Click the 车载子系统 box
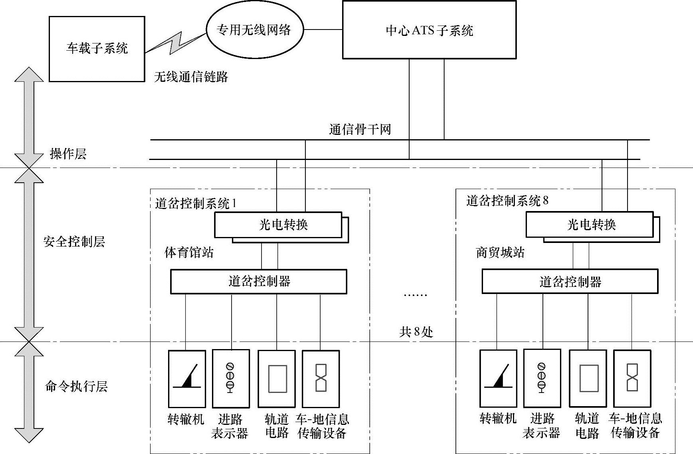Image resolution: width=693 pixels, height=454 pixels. pyautogui.click(x=97, y=49)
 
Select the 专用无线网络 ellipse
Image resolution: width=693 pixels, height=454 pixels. pyautogui.click(x=254, y=30)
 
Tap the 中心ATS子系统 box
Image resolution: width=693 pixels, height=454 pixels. pyautogui.click(x=429, y=30)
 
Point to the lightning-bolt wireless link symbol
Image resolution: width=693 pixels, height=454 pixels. pyautogui.click(x=176, y=42)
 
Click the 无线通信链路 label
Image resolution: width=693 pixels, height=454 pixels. pyautogui.click(x=191, y=77)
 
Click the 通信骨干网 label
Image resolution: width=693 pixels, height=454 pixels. pyautogui.click(x=360, y=130)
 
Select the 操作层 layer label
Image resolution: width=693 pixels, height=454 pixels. pyautogui.click(x=68, y=154)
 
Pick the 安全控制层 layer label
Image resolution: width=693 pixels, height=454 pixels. pyautogui.click(x=74, y=241)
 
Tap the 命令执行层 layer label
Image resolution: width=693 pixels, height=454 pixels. pyautogui.click(x=76, y=386)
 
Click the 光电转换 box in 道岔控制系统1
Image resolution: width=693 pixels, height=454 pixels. pyautogui.click(x=279, y=225)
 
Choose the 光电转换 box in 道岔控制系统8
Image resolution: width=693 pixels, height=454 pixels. pyautogui.click(x=590, y=225)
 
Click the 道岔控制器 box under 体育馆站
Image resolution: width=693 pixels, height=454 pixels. pyautogui.click(x=259, y=282)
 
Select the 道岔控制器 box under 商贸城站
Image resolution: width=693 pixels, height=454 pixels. pyautogui.click(x=570, y=282)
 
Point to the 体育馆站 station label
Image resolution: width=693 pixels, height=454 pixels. pyautogui.click(x=189, y=253)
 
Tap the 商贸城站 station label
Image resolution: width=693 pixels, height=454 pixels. pyautogui.click(x=500, y=253)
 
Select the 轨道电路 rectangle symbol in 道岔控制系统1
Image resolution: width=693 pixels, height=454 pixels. pyautogui.click(x=277, y=379)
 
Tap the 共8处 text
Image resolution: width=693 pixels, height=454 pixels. pyautogui.click(x=416, y=332)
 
